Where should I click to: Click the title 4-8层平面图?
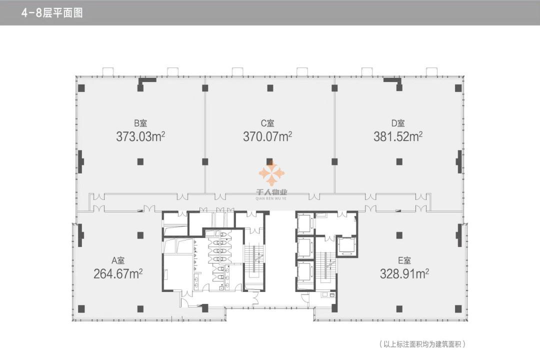(51, 13)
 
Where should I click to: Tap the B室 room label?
(140, 123)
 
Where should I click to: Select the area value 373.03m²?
(140, 137)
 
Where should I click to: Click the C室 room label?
(267, 123)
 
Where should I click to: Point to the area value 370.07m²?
(267, 137)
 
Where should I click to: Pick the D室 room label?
(398, 123)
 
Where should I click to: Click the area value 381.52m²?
(398, 137)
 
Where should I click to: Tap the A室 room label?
(118, 260)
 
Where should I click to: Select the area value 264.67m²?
(118, 274)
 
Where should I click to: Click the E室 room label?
(404, 260)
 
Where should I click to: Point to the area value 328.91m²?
(404, 274)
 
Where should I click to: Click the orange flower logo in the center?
(271, 173)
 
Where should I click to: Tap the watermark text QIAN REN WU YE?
(271, 198)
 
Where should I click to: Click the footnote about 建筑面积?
(422, 344)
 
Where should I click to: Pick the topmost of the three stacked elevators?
(305, 223)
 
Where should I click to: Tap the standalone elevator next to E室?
(346, 246)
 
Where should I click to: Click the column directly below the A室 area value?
(140, 309)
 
